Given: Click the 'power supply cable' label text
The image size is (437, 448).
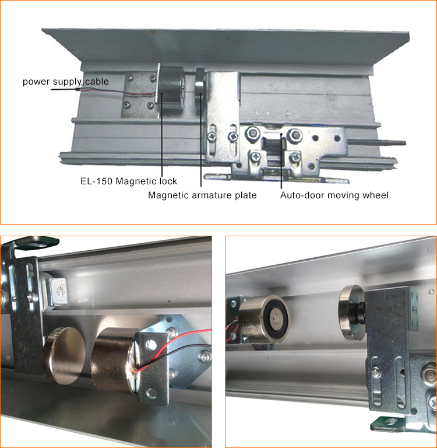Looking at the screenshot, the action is [x=66, y=82].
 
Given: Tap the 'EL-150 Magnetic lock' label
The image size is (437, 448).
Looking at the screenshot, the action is [x=129, y=181].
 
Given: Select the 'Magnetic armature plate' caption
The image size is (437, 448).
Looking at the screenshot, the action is [x=202, y=195].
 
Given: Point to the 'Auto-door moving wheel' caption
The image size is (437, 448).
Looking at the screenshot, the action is [x=334, y=195].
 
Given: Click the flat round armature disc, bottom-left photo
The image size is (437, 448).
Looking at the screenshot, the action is [x=64, y=355].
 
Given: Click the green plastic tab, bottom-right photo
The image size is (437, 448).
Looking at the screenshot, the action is [x=390, y=424].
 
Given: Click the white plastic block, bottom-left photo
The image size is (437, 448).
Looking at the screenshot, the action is [x=58, y=290].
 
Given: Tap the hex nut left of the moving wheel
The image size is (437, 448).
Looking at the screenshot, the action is [x=253, y=133].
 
